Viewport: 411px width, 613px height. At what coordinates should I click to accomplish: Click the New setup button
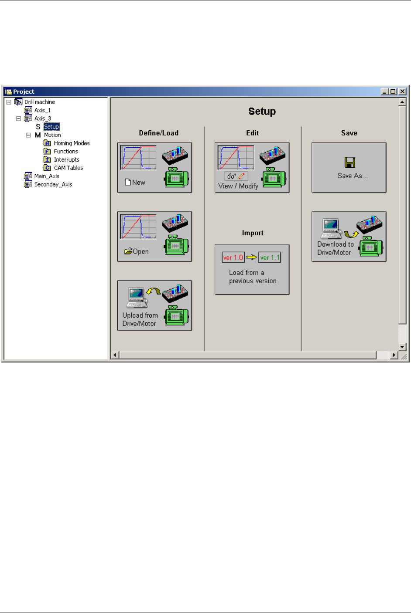154,168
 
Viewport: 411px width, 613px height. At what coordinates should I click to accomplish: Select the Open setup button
154,237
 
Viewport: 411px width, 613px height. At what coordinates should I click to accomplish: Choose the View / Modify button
252,168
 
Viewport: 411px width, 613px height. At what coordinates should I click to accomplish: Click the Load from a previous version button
252,269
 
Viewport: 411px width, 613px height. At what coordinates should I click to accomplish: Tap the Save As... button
349,168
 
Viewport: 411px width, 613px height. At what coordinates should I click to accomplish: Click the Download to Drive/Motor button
349,237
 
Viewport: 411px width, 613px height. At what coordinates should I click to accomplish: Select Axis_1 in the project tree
42,110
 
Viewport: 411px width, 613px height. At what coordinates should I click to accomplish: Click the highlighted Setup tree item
51,127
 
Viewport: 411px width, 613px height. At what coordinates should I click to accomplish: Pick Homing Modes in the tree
72,143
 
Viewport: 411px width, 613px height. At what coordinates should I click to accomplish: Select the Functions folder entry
65,152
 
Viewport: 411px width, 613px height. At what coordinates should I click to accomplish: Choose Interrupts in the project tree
66,160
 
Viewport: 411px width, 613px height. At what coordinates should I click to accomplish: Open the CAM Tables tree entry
68,168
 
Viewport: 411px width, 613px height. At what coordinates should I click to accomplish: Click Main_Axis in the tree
47,176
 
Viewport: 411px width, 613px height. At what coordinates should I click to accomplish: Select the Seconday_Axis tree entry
53,185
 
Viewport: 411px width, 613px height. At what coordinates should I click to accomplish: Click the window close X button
402,91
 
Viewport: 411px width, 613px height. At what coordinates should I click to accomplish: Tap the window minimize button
384,91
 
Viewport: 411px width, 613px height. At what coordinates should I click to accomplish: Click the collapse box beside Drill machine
9,102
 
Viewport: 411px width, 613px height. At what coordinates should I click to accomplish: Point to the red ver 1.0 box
233,257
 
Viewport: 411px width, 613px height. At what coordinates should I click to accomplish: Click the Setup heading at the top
262,112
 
